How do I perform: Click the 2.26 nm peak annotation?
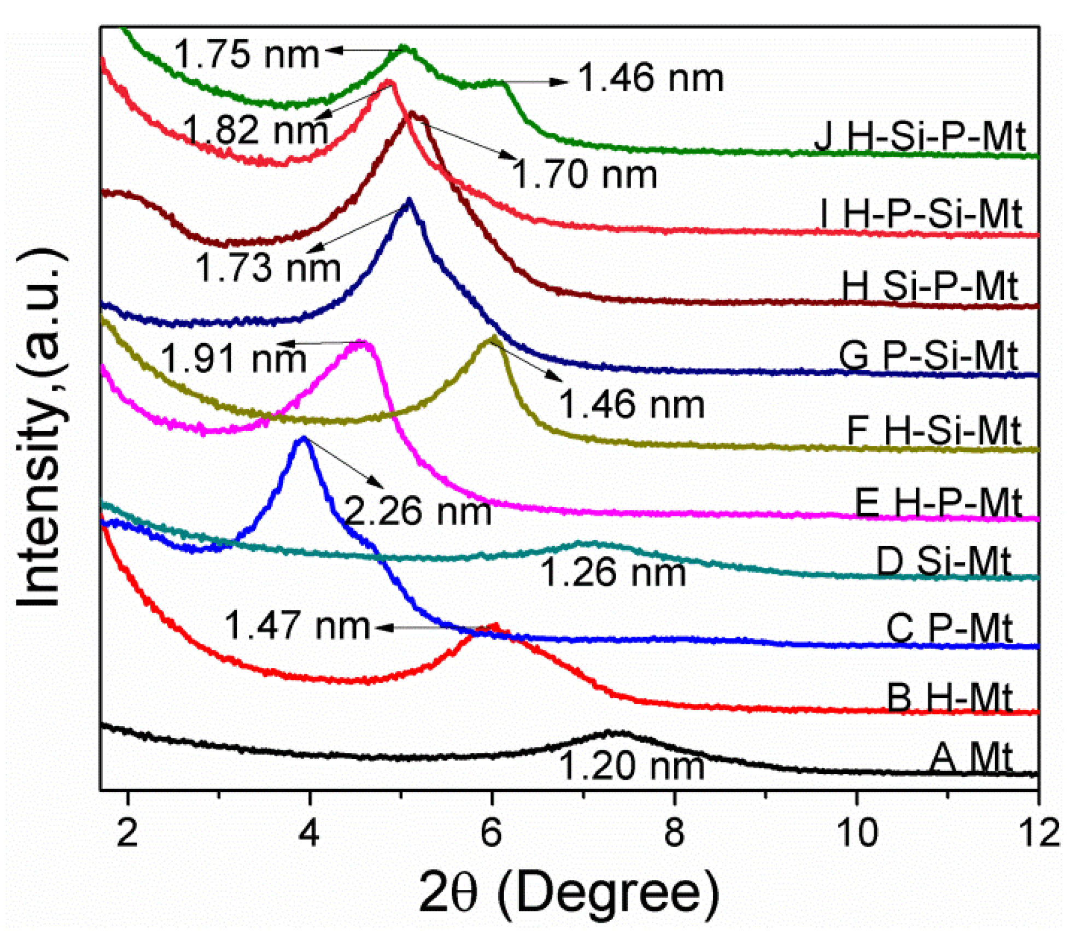418,511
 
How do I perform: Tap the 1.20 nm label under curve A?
632,766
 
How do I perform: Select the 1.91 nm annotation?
233,358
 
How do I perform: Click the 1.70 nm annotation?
584,174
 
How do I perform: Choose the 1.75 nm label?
247,54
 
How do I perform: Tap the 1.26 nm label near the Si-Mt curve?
613,573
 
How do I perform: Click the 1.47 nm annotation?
297,625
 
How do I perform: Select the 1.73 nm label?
268,268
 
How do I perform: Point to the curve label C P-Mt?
949,628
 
